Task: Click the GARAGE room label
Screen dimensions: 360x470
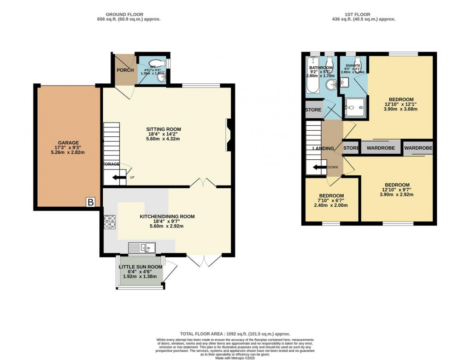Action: pyautogui.click(x=68, y=143)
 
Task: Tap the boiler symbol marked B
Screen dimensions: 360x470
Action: pyautogui.click(x=91, y=202)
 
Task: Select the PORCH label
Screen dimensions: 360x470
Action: pyautogui.click(x=124, y=70)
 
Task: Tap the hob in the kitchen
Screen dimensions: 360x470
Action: pyautogui.click(x=110, y=223)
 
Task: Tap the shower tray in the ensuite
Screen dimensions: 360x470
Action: pyautogui.click(x=354, y=107)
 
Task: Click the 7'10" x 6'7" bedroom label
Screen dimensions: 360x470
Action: pyautogui.click(x=331, y=196)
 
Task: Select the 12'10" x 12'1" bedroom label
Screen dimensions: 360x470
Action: pyautogui.click(x=400, y=99)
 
